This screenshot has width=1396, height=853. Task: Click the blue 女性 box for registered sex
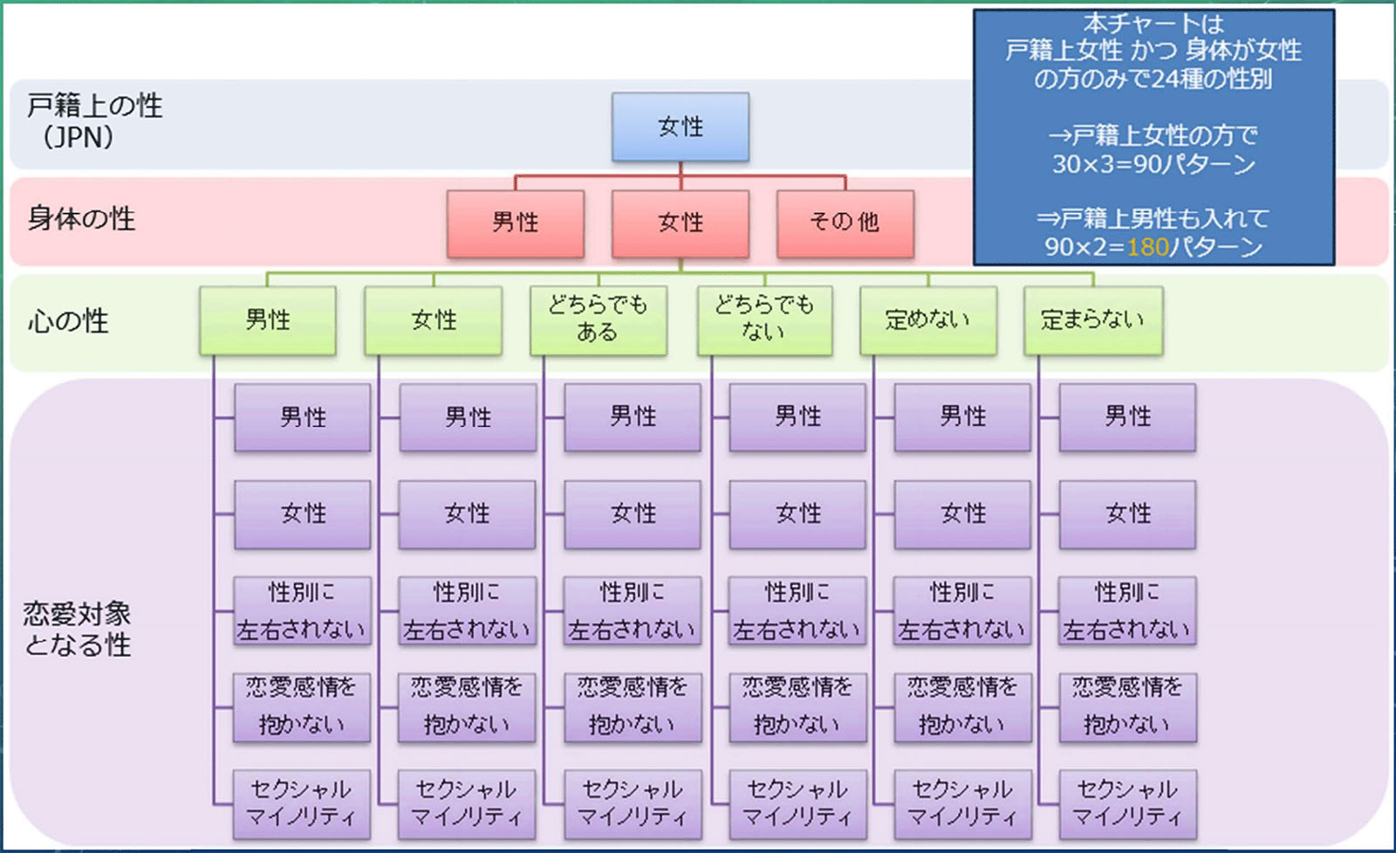click(681, 127)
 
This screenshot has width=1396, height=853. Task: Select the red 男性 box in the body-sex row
click(516, 224)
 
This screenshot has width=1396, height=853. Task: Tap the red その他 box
click(845, 224)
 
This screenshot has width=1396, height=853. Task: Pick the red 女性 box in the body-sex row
click(681, 224)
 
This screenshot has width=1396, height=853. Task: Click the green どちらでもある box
click(599, 320)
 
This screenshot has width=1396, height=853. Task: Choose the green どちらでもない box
click(764, 320)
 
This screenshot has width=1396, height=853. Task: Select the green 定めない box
click(928, 320)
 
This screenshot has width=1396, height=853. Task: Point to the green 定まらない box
click(1093, 320)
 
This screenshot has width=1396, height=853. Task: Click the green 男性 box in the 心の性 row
click(268, 320)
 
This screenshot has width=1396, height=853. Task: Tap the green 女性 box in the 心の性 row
click(434, 320)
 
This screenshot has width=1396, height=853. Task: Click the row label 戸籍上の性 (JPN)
click(94, 121)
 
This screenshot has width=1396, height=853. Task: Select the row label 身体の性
click(81, 218)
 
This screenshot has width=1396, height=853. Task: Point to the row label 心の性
click(68, 321)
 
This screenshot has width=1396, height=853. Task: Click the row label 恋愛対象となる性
click(78, 629)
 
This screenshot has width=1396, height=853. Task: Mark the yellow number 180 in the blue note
click(1147, 247)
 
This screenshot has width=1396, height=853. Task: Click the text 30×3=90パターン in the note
click(1153, 164)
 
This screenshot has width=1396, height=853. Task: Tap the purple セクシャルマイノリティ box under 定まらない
click(1127, 803)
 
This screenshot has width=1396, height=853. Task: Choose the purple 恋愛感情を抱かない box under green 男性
click(302, 706)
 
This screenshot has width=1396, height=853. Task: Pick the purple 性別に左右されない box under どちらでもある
click(633, 610)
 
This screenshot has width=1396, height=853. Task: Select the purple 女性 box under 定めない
click(963, 513)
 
